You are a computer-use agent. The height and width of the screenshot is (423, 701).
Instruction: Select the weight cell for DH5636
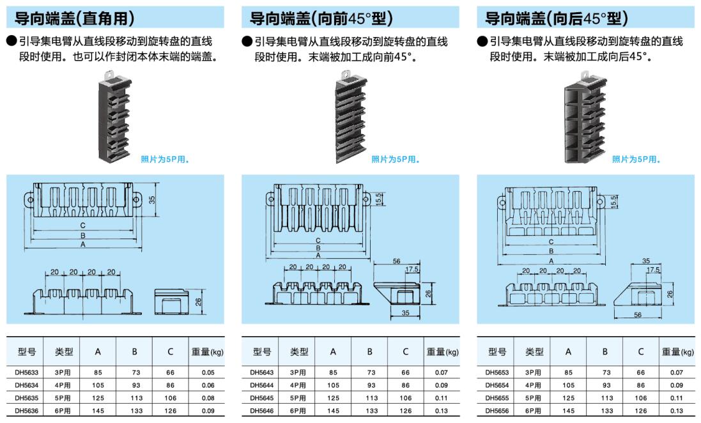(x=207, y=410)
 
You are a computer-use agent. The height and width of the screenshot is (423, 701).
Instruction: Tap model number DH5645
(x=261, y=397)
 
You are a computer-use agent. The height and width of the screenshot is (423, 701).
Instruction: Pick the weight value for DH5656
(x=677, y=410)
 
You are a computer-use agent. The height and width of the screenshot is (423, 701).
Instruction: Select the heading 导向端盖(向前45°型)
(x=321, y=17)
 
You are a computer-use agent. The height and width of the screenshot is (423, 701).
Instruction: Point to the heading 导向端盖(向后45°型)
(x=557, y=17)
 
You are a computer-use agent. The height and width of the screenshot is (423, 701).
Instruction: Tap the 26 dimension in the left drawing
(x=198, y=302)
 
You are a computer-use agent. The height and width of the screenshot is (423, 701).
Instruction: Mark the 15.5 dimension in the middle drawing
(x=379, y=199)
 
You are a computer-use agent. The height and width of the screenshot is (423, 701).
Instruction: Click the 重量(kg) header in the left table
(x=207, y=351)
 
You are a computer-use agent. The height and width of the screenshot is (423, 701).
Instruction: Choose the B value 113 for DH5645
(x=369, y=397)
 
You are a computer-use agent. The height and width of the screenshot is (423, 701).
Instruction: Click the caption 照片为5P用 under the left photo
(x=165, y=160)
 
